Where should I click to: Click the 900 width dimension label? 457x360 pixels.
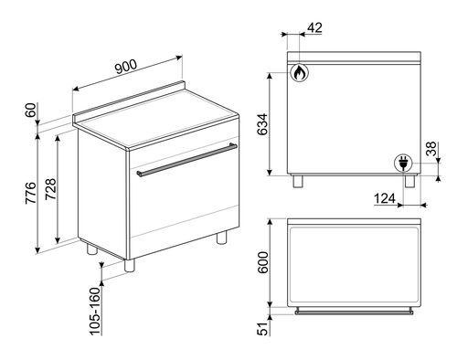126,67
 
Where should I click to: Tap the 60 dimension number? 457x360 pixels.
30,110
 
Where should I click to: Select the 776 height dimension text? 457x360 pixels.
30,193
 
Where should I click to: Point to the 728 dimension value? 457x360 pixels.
51,189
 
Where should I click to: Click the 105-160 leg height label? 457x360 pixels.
95,311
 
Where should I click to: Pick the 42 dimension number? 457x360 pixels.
314,27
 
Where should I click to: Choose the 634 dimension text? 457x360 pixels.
262,124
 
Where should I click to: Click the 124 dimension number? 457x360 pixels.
385,198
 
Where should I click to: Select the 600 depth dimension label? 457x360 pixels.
262,262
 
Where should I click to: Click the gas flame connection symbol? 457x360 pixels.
299,72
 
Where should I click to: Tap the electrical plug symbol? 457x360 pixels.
403,163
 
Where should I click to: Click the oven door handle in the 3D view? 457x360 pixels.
186,160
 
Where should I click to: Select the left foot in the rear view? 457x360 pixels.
298,182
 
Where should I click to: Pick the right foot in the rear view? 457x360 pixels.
409,182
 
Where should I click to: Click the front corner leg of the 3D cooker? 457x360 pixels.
130,265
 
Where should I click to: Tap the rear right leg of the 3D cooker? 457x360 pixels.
222,238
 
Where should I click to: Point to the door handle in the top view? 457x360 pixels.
354,312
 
